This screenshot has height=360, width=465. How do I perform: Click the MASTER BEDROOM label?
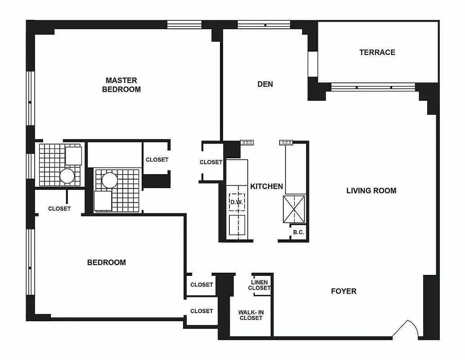coord(121,85)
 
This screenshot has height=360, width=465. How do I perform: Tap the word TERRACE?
coord(377,52)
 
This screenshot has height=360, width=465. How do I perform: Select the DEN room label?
coord(265,84)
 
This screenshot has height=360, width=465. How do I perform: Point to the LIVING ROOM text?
coord(371,190)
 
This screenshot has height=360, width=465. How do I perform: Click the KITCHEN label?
coord(266,186)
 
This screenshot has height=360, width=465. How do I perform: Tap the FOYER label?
coord(344,291)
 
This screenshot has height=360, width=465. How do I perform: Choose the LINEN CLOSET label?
coord(259,285)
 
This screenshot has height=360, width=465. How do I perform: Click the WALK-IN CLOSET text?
coord(250,315)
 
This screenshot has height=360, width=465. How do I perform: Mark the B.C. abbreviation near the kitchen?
coord(299,233)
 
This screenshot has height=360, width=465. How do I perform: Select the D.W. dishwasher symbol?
coord(237,202)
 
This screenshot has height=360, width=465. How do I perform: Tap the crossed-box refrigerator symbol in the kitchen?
coord(294,209)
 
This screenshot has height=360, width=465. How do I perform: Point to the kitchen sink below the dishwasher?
coord(237,225)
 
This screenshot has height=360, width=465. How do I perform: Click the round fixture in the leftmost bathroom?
coord(67,175)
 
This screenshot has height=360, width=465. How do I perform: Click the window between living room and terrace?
coord(373,87)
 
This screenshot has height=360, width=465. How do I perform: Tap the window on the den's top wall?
coord(264,24)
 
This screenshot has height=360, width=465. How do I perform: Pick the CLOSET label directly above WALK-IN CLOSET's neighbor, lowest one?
coord(201,311)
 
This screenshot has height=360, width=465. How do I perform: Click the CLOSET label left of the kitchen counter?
coord(211,162)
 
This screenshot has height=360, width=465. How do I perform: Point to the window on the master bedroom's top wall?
coord(184,24)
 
